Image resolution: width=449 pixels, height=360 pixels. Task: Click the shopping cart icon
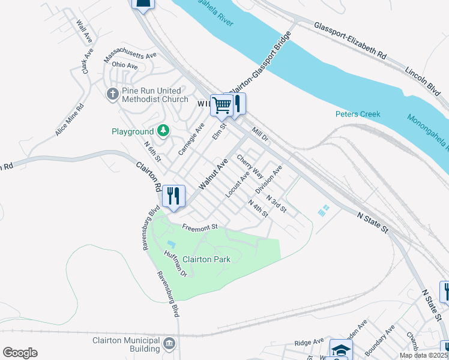coord(221,106)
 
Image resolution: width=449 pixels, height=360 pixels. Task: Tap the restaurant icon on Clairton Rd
coord(173,195)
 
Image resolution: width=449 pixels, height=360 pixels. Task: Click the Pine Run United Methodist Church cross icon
coord(112,94)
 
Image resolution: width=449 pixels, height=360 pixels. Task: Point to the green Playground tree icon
coord(163,130)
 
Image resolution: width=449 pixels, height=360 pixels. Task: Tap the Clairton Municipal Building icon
coord(170,344)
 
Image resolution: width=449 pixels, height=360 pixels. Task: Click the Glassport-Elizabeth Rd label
coord(349,40)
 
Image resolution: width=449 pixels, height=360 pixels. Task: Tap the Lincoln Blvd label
coord(423,78)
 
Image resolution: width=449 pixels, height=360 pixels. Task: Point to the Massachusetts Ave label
coord(130,57)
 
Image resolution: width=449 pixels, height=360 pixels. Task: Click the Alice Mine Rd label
coord(70,119)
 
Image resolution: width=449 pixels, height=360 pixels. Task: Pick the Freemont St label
coord(200,226)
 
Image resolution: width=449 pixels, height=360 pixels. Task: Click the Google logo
coord(20,353)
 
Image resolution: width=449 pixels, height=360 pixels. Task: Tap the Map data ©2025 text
coord(423,355)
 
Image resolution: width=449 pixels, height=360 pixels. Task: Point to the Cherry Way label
coord(250,167)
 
